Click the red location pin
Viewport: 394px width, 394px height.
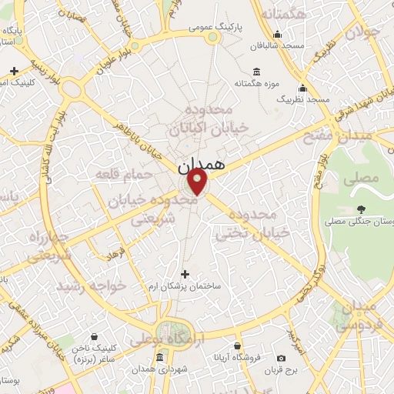coord(198,182)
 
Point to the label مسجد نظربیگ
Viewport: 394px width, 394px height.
coord(303,99)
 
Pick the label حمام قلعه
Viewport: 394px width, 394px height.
coord(119,175)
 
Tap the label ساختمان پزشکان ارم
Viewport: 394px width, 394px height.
coord(185,286)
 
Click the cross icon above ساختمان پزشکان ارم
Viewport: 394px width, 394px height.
coord(184,273)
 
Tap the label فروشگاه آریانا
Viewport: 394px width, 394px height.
coord(239,359)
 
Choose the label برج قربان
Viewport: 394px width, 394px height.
coord(281,372)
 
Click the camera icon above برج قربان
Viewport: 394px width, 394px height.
coord(281,359)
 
